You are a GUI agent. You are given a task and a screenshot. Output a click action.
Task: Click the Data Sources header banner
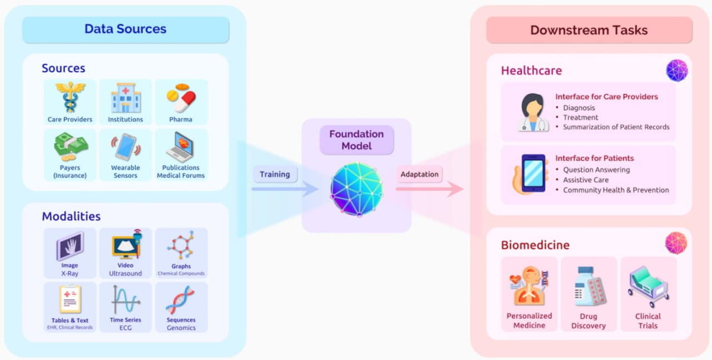[x=125, y=29]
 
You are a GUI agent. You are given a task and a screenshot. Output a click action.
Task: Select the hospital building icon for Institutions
[x=125, y=98]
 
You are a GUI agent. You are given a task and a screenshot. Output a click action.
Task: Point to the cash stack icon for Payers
[x=70, y=147]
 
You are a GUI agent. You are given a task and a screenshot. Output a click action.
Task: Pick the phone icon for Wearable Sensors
[x=125, y=147]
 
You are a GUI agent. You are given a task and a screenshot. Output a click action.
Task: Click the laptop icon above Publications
[x=180, y=147]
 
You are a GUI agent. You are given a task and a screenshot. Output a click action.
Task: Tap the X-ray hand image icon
[x=70, y=245]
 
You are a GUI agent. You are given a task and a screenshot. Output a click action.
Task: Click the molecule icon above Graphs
[x=181, y=245]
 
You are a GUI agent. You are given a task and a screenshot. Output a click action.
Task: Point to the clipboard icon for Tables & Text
[x=70, y=299]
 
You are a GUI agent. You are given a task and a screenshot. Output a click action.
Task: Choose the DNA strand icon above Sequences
[x=181, y=300]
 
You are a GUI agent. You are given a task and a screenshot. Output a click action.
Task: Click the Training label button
[x=275, y=174]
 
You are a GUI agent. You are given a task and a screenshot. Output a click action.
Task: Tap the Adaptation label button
[x=419, y=174]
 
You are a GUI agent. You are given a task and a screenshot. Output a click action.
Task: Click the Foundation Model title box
[x=356, y=140]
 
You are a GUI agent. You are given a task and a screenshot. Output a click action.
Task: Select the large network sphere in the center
[x=357, y=189]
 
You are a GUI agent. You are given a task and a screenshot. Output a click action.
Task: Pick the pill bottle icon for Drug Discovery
[x=589, y=286]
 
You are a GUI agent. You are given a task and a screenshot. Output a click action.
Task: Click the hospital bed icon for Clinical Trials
[x=648, y=286]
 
